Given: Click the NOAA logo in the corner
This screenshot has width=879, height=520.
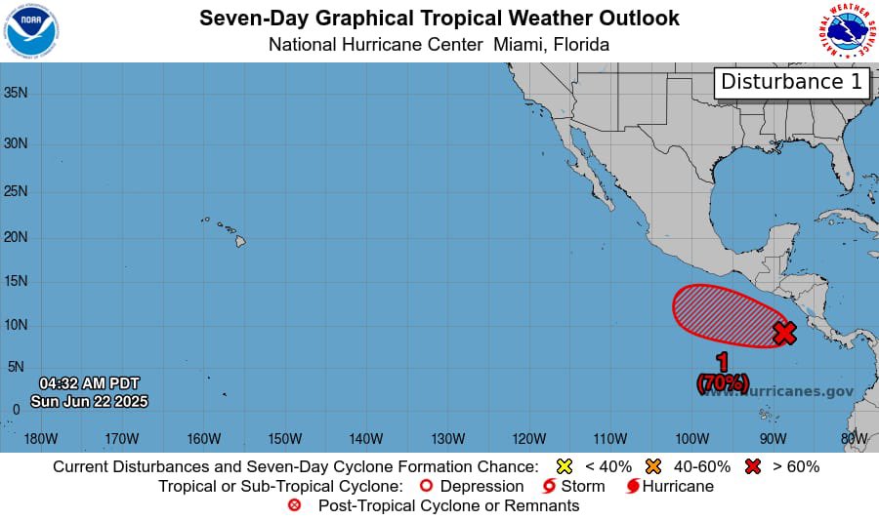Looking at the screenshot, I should [31, 30].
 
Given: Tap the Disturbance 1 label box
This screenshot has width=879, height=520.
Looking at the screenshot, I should [792, 82].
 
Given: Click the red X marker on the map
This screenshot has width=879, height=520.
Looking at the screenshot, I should [784, 333].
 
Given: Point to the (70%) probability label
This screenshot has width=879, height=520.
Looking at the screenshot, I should [723, 382].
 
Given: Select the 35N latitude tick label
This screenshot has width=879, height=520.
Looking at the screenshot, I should [16, 93].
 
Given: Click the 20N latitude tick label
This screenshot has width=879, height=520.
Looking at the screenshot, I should [16, 237].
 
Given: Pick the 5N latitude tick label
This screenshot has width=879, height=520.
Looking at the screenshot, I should [16, 367].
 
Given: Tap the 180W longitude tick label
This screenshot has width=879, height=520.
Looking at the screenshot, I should [40, 438].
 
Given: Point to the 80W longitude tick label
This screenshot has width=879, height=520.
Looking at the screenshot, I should [854, 438].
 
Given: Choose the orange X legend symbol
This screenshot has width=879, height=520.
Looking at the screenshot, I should [654, 466].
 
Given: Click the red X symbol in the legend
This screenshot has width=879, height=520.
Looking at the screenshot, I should [754, 466].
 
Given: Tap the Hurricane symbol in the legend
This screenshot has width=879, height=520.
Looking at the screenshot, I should [633, 486].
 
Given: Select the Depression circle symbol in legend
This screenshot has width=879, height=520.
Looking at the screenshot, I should [425, 486].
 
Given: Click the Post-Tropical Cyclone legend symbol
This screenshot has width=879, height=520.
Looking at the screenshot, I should [295, 505].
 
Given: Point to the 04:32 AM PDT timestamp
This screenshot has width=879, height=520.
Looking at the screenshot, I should [89, 382].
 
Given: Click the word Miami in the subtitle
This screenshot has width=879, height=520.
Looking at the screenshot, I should [518, 45].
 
